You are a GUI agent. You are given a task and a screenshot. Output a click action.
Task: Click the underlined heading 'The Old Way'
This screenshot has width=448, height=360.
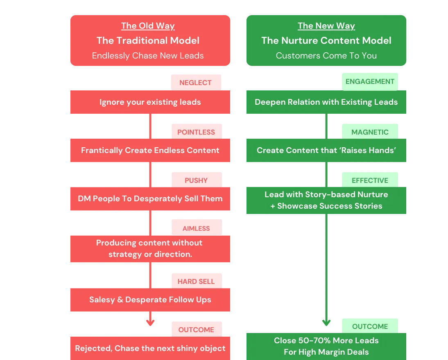(x=148, y=26)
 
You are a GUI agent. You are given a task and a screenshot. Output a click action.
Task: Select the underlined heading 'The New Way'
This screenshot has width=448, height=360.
(x=326, y=26)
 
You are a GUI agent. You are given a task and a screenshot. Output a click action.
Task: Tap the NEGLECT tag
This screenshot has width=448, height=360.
(x=195, y=83)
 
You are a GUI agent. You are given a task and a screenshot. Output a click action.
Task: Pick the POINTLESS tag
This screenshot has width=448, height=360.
(x=196, y=132)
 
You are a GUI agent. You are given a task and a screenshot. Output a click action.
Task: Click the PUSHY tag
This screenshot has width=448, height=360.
(x=196, y=180)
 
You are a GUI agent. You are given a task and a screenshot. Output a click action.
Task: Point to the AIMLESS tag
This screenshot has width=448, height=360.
(x=196, y=229)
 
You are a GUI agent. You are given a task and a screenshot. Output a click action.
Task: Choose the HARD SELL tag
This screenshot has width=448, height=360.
(x=196, y=281)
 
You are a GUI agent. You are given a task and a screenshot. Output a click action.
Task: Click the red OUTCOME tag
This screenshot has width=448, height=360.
(x=196, y=330)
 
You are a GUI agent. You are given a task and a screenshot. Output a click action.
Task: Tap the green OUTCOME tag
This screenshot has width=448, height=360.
(x=370, y=326)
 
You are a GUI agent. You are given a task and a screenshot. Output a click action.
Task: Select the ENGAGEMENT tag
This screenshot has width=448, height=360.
(x=370, y=81)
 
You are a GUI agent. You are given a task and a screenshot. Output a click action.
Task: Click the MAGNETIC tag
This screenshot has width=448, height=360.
(x=370, y=132)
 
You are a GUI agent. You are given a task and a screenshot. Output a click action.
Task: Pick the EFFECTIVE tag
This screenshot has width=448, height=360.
(x=370, y=180)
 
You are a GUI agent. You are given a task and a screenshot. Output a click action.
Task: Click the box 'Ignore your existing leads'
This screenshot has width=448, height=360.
(x=150, y=102)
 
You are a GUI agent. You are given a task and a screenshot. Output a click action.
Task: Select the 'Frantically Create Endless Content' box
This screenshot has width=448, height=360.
(x=150, y=151)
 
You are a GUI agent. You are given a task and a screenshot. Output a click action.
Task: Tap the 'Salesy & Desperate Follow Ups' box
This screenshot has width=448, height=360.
(x=150, y=300)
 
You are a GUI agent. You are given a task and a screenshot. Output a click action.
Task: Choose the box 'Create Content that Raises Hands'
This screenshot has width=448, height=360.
(x=326, y=151)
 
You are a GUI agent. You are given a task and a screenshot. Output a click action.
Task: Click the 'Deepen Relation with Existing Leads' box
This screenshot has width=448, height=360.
(x=326, y=102)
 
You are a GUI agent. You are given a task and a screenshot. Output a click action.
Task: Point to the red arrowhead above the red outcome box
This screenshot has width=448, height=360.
(x=150, y=322)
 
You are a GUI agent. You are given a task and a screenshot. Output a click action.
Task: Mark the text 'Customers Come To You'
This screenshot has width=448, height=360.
(x=326, y=56)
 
